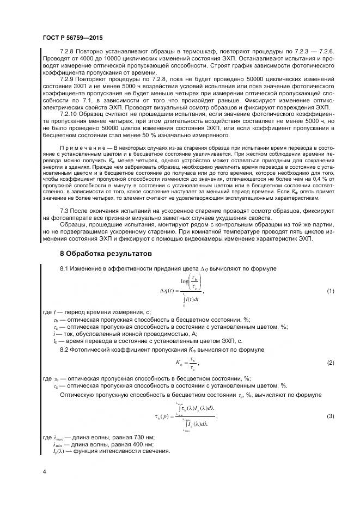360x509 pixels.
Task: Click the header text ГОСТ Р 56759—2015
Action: [72, 38]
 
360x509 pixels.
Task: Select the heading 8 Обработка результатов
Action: [105, 254]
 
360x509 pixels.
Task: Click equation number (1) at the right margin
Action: [330, 291]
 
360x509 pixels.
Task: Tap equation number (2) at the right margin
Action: [330, 362]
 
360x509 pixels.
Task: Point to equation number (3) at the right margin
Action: [330, 416]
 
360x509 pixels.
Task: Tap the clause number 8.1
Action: [64, 269]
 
